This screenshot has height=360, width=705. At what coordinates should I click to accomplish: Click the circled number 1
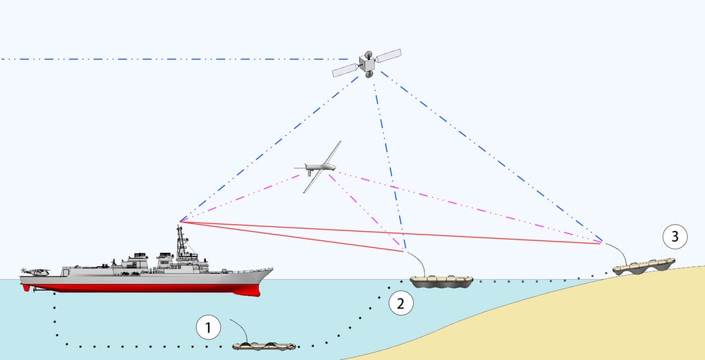[x=208, y=327]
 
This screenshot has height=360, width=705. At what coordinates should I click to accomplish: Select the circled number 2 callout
[x=400, y=304]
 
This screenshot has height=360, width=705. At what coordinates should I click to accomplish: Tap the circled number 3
[x=675, y=237]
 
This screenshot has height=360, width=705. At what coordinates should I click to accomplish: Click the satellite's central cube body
[x=367, y=64]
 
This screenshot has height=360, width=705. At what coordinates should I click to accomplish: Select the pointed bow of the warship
[x=269, y=270]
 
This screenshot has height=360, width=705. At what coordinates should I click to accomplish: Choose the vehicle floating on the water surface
[x=442, y=281]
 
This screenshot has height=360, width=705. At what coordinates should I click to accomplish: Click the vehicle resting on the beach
[x=643, y=266]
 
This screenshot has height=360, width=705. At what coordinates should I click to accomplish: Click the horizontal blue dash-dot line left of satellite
[x=176, y=59]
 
